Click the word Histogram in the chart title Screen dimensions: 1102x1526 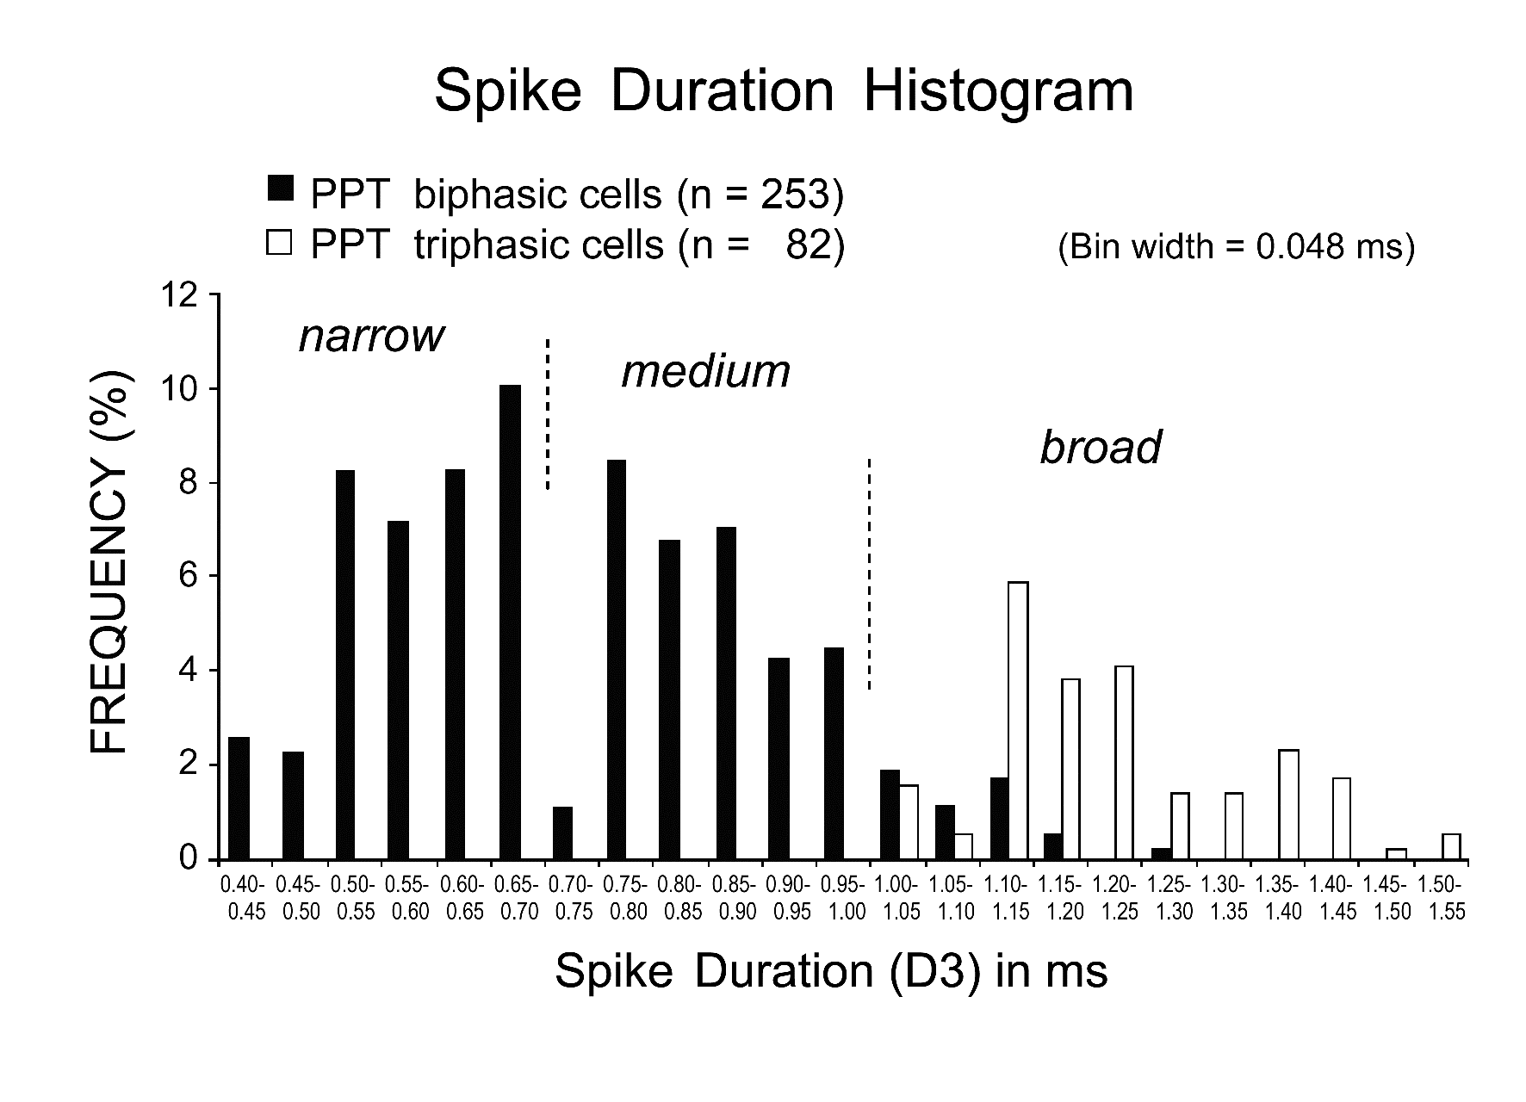click(998, 91)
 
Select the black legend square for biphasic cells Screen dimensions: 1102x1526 click(282, 188)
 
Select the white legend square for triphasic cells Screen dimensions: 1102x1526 click(282, 245)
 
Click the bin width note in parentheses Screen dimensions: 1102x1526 click(1236, 247)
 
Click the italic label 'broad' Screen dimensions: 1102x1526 click(1101, 447)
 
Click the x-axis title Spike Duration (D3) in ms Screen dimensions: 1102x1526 click(831, 972)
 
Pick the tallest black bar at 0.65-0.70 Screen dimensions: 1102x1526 click(511, 622)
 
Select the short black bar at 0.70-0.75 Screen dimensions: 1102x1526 click(563, 833)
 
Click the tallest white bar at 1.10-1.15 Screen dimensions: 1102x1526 click(1018, 721)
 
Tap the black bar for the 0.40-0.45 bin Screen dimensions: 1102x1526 click(239, 798)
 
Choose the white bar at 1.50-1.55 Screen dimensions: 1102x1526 click(1451, 846)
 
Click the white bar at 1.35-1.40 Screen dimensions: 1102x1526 click(1288, 805)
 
